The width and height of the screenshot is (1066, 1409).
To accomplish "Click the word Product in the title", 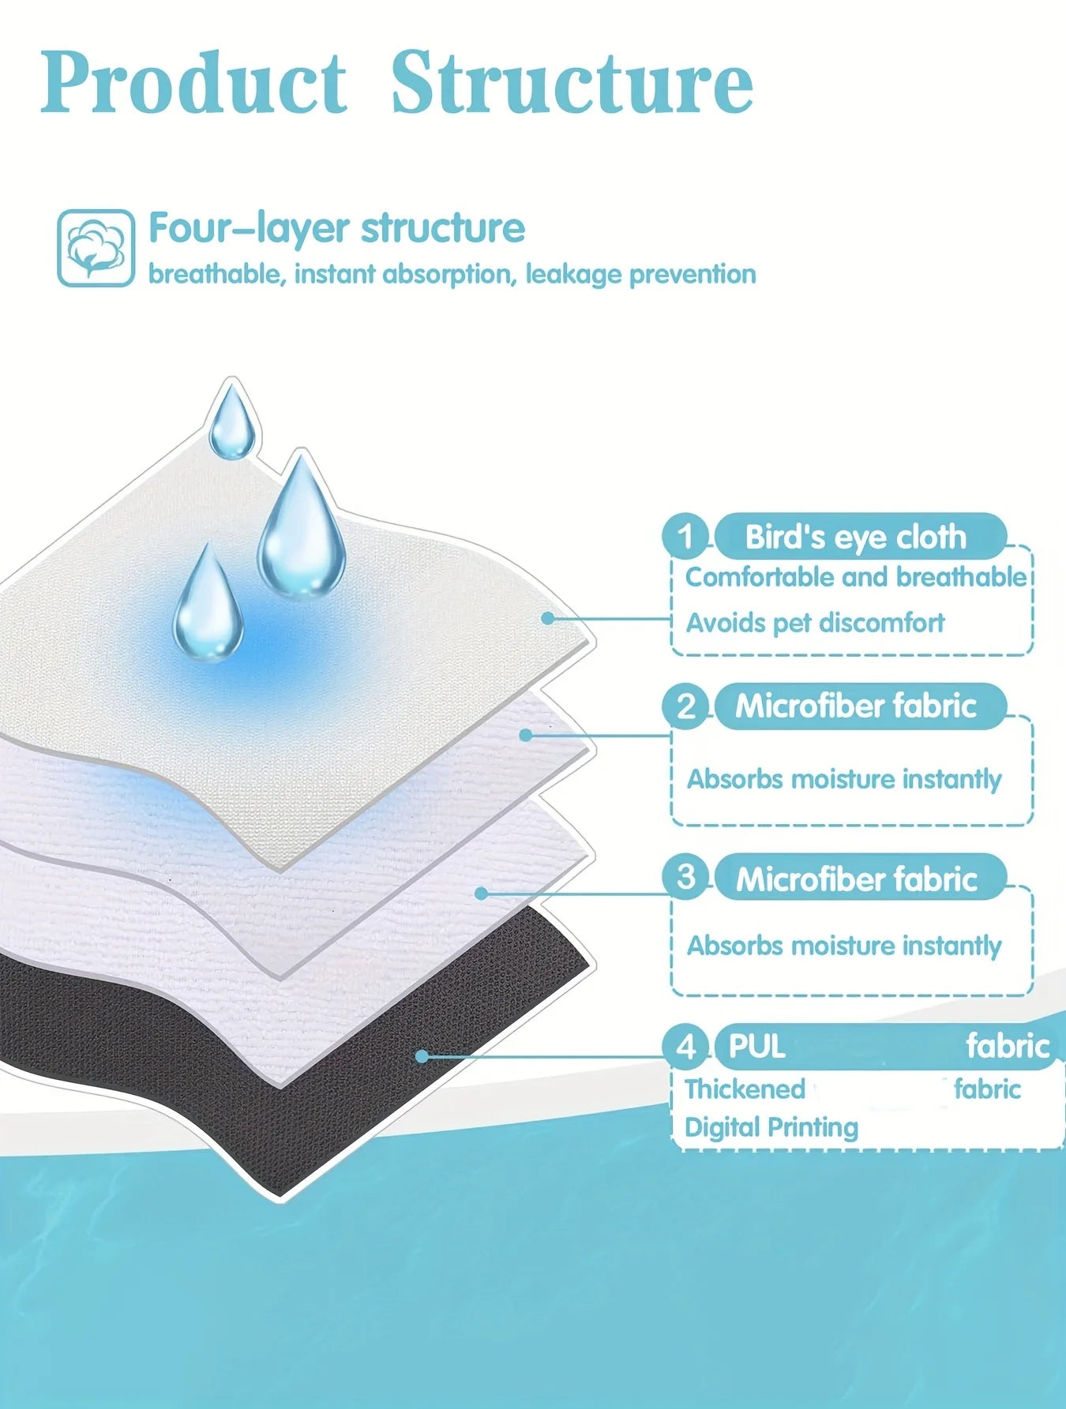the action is coord(194,82).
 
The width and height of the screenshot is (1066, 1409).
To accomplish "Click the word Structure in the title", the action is coord(572,82).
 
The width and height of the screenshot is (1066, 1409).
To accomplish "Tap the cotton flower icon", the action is coord(96,248).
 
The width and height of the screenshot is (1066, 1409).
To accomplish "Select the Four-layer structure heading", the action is coord(337,229).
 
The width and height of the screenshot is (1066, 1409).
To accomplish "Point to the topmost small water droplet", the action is coord(231,420).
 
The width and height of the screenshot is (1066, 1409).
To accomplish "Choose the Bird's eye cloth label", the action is coord(856,537).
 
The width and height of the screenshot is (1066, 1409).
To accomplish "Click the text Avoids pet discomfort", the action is coord(815,623).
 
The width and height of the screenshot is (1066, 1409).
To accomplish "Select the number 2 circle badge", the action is coord(685,706).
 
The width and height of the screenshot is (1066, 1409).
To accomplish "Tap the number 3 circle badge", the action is coord(685,877).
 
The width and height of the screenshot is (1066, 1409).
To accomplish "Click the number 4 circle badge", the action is coord(685,1047).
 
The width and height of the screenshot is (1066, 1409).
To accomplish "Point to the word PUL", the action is coord(756,1047).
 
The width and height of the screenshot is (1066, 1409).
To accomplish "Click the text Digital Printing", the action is coord(771,1128).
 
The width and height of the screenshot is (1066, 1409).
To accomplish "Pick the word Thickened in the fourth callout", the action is coord(745,1089).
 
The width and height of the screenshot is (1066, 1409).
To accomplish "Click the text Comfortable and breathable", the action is coord(856,577).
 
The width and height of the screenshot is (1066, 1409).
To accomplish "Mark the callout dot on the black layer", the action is coord(422,1056).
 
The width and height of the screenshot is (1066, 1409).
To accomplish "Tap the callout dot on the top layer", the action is coord(548,618).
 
